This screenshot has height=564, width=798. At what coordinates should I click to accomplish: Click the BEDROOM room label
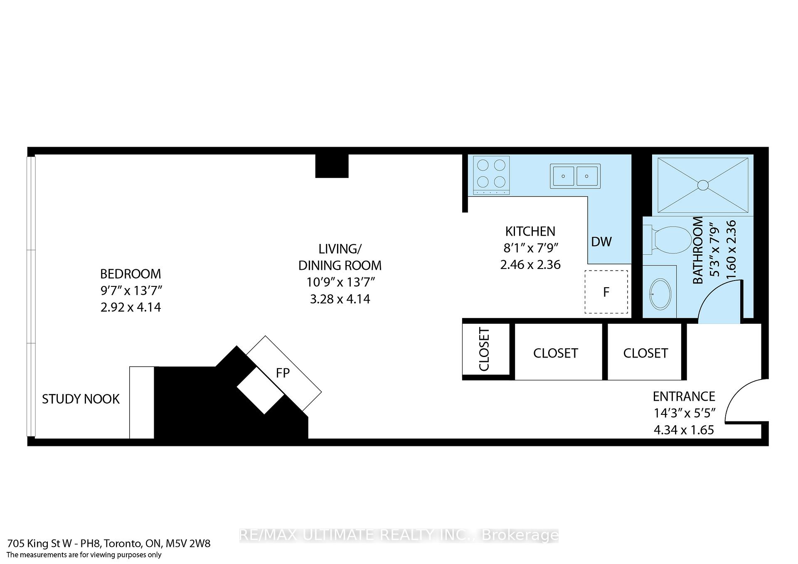point(131,274)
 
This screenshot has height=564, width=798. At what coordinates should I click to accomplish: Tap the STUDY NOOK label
point(81,399)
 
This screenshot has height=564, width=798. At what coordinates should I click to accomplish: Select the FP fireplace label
point(283,373)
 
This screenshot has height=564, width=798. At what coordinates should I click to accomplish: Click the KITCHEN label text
point(530,231)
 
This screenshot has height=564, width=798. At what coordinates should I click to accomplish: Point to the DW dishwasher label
point(601,241)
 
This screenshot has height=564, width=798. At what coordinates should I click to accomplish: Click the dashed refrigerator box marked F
point(606,292)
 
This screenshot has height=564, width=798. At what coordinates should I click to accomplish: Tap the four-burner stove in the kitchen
point(491,175)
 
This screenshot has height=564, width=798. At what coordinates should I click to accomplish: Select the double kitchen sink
point(575,176)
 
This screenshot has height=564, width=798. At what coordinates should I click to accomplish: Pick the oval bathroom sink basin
point(660,294)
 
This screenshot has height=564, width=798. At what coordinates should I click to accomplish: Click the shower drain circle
point(702,185)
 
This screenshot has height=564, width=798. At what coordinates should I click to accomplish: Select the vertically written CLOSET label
point(485,350)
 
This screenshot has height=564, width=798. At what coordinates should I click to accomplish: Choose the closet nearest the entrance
point(645,353)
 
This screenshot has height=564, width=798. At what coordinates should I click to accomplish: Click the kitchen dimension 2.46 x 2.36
point(530,265)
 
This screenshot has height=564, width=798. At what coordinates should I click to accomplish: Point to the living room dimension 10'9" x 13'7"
point(340,282)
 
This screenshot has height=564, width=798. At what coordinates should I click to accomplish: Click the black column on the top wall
point(331,166)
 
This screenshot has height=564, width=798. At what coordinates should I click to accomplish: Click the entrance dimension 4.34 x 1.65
point(684,430)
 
